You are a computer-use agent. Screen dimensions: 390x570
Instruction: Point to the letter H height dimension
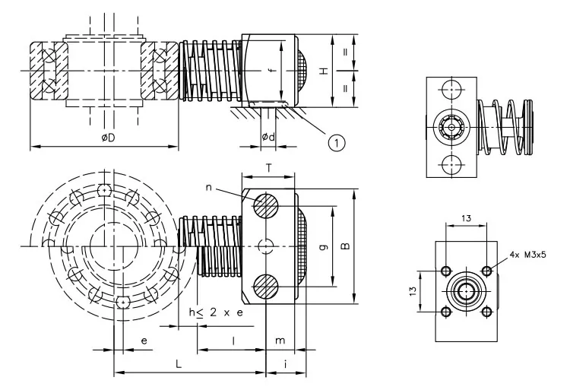[324, 71]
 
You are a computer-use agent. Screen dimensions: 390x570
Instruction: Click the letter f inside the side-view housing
[271, 71]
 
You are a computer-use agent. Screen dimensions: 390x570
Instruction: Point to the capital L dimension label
[178, 365]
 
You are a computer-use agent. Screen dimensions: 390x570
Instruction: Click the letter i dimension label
[285, 365]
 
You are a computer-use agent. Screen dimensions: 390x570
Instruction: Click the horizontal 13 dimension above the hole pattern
[465, 218]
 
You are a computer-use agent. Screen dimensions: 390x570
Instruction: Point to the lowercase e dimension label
[144, 341]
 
